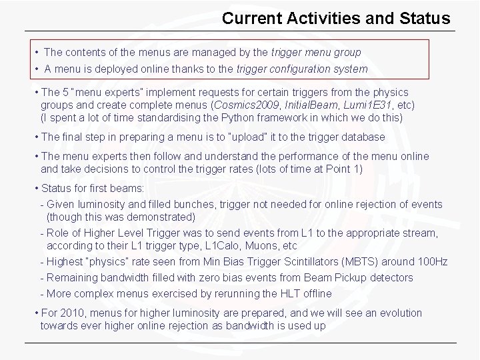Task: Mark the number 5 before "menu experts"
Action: pyautogui.click(x=65, y=93)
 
